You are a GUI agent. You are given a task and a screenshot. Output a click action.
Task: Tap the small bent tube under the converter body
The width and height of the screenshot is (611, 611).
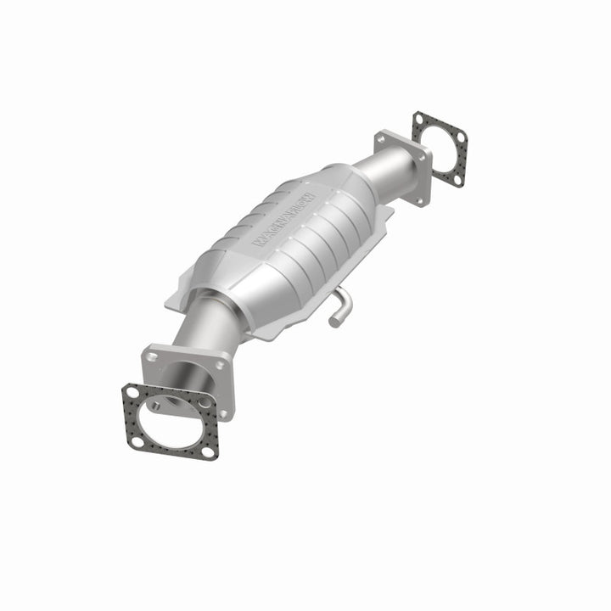click(x=341, y=305)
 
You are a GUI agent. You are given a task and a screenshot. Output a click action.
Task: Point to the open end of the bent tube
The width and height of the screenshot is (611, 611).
click(x=334, y=321)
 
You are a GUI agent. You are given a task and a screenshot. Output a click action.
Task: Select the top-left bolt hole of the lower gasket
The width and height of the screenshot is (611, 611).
click(x=132, y=393)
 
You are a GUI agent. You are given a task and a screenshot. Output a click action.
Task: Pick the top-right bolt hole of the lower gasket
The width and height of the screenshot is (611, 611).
click(x=204, y=401)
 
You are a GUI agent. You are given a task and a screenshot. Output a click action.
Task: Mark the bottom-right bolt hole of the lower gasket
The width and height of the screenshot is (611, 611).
click(x=207, y=451)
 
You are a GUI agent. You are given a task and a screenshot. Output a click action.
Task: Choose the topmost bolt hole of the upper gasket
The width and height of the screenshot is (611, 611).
click(x=419, y=120)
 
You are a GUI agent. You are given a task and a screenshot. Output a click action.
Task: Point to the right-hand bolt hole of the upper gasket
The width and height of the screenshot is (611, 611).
click(x=461, y=136)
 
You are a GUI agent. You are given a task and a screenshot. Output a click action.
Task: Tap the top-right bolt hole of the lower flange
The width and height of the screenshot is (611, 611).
click(x=222, y=366)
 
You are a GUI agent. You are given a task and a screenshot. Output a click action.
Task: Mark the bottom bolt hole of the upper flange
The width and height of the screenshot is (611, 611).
click(x=418, y=200)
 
